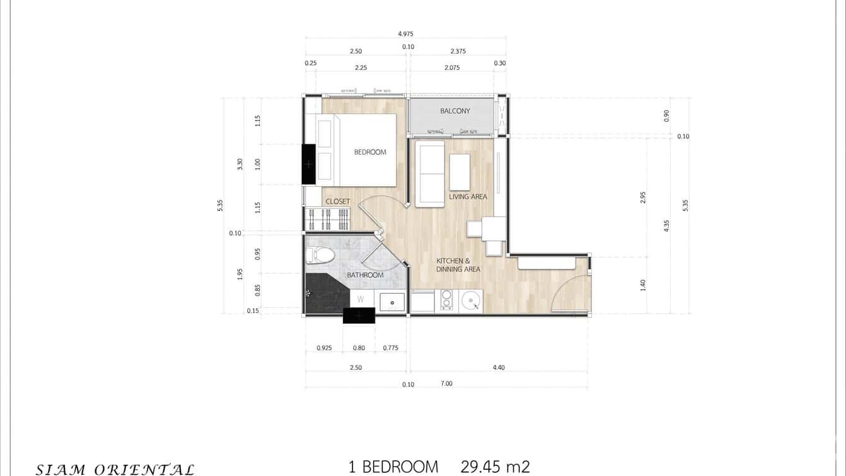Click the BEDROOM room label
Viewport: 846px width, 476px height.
point(370,152)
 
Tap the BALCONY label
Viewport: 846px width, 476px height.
point(455,111)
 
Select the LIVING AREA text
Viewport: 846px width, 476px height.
point(468,196)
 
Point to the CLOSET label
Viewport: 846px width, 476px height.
point(337,201)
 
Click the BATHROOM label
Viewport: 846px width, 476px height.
point(365,275)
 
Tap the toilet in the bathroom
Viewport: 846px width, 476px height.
point(321,255)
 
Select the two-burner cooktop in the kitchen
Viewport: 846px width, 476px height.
point(446,300)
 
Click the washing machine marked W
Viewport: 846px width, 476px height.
point(361,299)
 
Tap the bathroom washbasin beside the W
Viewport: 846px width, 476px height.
point(392,302)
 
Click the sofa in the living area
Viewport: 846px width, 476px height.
point(429,173)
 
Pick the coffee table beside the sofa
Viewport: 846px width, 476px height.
point(460,172)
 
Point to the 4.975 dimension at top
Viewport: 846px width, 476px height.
point(405,34)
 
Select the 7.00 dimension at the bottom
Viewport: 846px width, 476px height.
point(447,383)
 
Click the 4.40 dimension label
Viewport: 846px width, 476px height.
point(499,367)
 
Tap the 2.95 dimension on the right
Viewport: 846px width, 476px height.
point(643,197)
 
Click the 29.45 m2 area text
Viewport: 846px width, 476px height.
point(495,467)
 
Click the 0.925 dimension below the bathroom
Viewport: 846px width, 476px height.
point(324,348)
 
